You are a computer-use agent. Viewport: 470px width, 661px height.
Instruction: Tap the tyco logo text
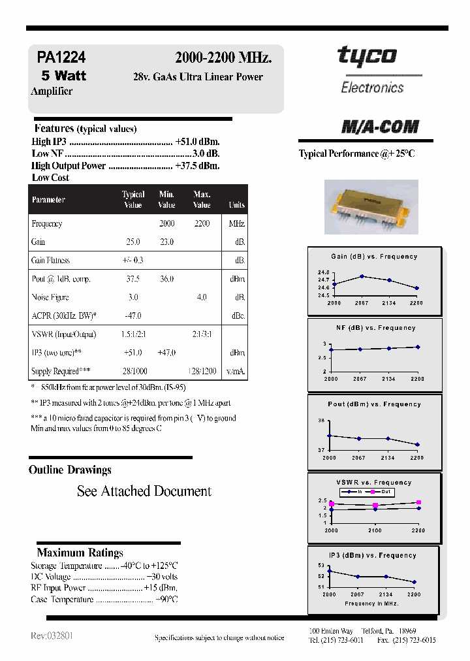pyautogui.click(x=366, y=56)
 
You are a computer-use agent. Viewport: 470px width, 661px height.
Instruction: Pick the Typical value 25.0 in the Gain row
pyautogui.click(x=133, y=242)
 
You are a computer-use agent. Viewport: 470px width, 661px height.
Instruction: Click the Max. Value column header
pyautogui.click(x=202, y=199)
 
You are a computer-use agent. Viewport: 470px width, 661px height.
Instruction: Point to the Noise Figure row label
pyautogui.click(x=50, y=297)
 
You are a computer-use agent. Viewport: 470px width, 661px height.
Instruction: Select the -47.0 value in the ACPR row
pyautogui.click(x=133, y=315)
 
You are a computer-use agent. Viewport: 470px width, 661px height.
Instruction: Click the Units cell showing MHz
pyautogui.click(x=236, y=223)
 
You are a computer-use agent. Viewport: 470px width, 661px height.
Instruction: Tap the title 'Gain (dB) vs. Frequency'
pyautogui.click(x=374, y=257)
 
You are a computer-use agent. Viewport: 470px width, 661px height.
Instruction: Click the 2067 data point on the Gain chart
pyautogui.click(x=362, y=276)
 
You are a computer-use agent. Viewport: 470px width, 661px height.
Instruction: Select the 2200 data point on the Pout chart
pyautogui.click(x=417, y=445)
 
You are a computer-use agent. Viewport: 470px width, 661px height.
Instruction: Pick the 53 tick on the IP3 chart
pyautogui.click(x=321, y=565)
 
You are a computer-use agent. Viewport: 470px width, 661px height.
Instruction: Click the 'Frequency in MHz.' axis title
pyautogui.click(x=371, y=604)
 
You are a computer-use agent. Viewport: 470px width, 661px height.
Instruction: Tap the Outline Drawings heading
pyautogui.click(x=70, y=470)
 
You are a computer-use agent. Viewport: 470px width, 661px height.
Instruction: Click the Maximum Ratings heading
pyautogui.click(x=80, y=553)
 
